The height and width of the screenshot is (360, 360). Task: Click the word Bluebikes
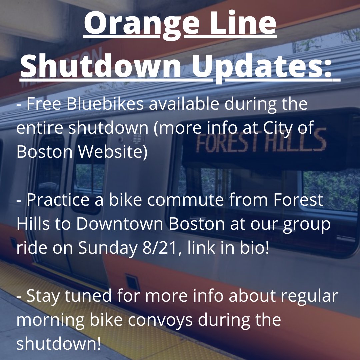[105, 104]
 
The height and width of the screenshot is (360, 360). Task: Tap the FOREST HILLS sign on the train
[260, 140]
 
